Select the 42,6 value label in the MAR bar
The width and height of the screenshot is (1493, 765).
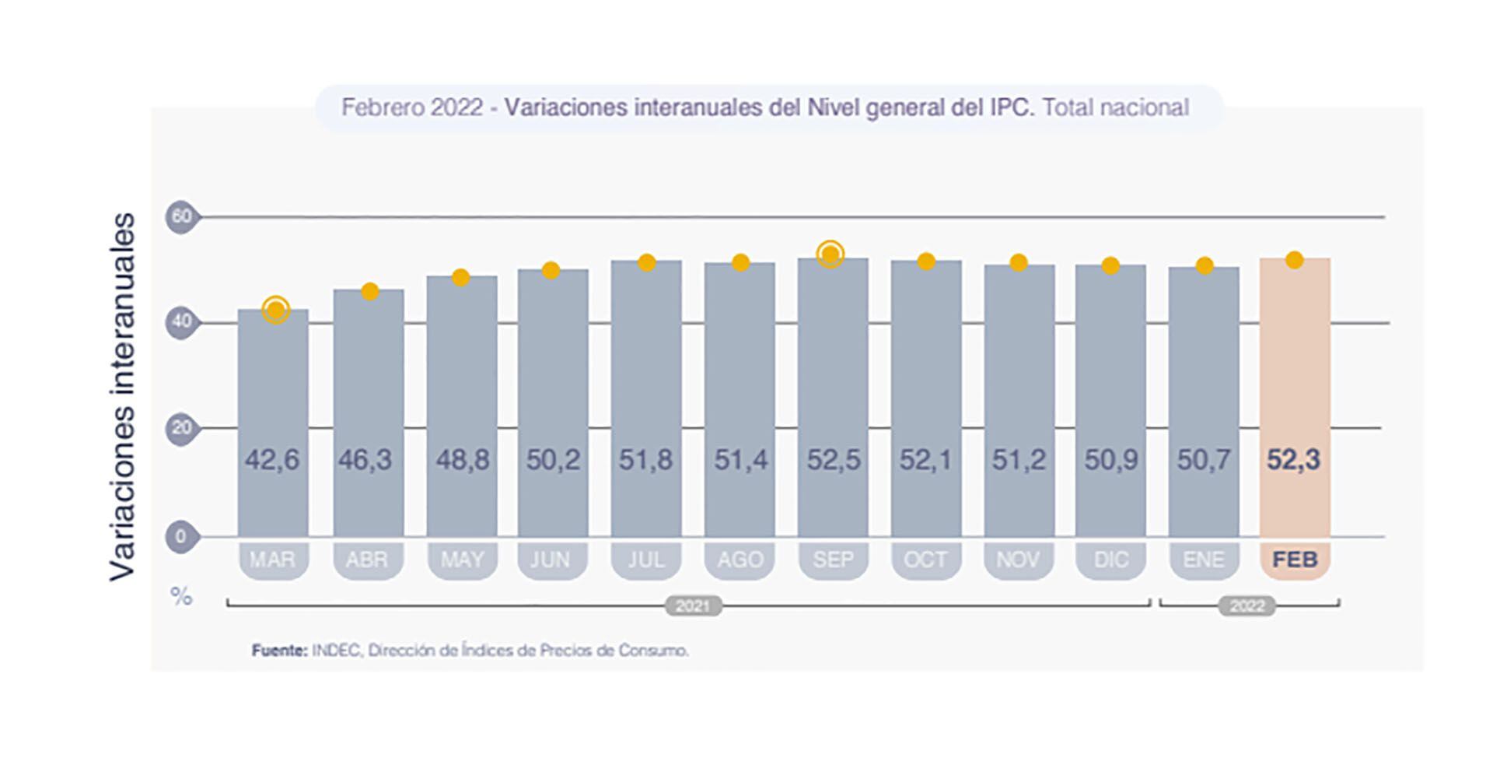(272, 460)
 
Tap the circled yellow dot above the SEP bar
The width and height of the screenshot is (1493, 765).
(830, 254)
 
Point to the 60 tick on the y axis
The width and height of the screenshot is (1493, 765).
(181, 216)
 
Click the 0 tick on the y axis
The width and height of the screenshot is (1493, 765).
(181, 536)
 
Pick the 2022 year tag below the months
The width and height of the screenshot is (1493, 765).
(1246, 606)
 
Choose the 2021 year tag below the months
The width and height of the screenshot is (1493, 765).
(693, 606)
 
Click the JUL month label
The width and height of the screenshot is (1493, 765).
(646, 560)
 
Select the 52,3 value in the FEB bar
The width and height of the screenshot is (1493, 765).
(1293, 460)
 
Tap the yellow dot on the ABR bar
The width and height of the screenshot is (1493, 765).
(370, 291)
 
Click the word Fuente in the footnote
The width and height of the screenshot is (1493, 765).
(279, 650)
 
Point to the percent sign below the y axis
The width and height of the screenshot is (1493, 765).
(181, 597)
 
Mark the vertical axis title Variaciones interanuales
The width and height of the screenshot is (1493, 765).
(123, 397)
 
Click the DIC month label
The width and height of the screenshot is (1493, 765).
(1110, 560)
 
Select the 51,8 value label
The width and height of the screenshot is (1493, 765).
(645, 460)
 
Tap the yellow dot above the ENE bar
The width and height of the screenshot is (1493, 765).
(1204, 266)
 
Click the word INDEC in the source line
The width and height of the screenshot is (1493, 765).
(336, 650)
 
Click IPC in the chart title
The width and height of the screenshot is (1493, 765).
(1012, 107)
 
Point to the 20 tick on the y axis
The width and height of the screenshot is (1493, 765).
(181, 427)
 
